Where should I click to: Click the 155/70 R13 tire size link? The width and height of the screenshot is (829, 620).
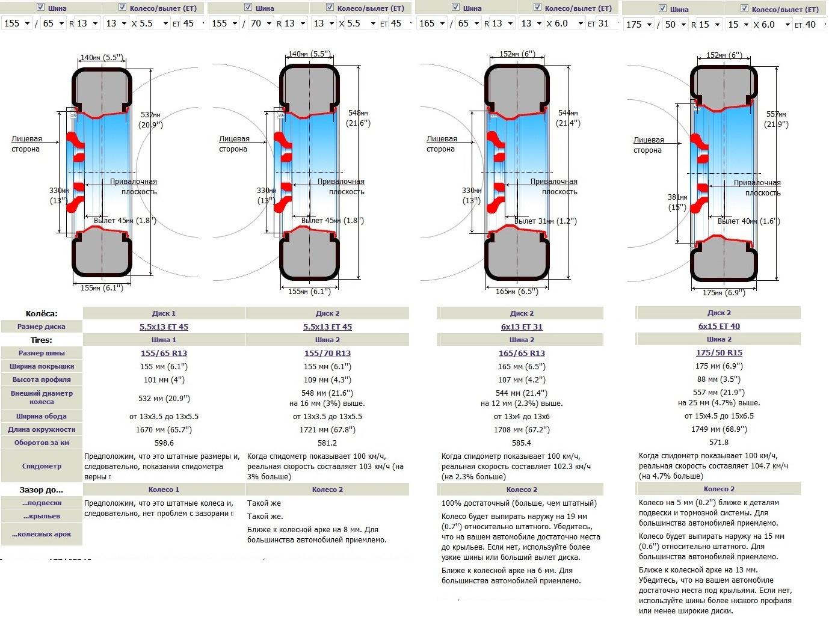[x=327, y=353]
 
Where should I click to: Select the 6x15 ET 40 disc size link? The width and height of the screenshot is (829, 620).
[x=719, y=326]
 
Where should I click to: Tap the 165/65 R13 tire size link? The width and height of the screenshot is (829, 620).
[x=522, y=353]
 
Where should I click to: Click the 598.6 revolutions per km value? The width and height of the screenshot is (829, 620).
[x=164, y=443]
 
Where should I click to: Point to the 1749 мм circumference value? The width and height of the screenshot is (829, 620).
[x=719, y=429]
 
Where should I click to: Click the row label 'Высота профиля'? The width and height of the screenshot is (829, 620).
[x=42, y=379]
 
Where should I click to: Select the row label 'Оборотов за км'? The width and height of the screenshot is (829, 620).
[x=42, y=443]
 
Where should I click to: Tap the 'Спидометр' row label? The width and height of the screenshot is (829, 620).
[x=42, y=466]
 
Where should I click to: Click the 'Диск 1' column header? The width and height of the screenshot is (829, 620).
[x=164, y=313]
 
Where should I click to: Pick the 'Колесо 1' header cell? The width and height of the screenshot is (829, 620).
[x=164, y=490]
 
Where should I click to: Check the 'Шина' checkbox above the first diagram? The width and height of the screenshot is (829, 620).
[x=41, y=7]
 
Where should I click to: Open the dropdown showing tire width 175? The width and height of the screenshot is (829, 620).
[x=639, y=25]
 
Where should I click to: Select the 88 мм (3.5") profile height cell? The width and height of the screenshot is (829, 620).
[x=719, y=379]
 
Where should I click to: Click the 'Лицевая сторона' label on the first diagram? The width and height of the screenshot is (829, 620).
[x=26, y=144]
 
